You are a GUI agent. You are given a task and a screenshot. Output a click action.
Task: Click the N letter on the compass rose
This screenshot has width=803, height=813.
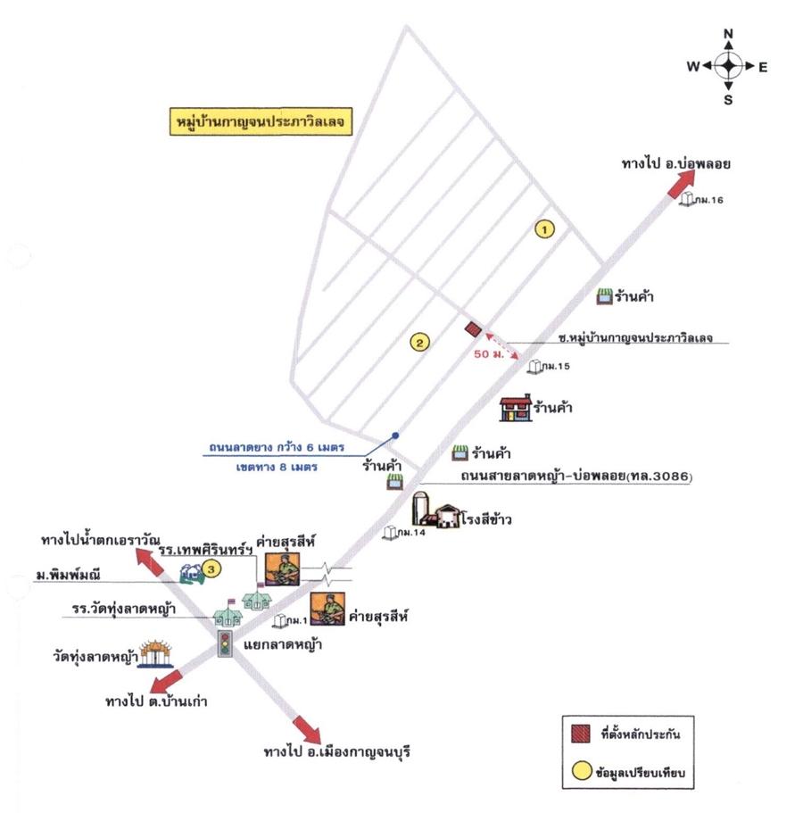[728, 33]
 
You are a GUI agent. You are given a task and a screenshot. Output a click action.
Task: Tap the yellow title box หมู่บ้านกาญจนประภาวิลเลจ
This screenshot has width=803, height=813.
[259, 120]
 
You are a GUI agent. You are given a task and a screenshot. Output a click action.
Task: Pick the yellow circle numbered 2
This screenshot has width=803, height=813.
[419, 341]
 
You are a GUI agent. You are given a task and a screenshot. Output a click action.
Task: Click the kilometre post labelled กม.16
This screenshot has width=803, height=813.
[689, 199]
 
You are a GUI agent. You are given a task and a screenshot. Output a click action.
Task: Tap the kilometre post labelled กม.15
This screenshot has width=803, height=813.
[534, 366]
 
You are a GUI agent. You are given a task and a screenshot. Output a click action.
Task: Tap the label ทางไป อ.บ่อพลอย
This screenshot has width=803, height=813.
[685, 165]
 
